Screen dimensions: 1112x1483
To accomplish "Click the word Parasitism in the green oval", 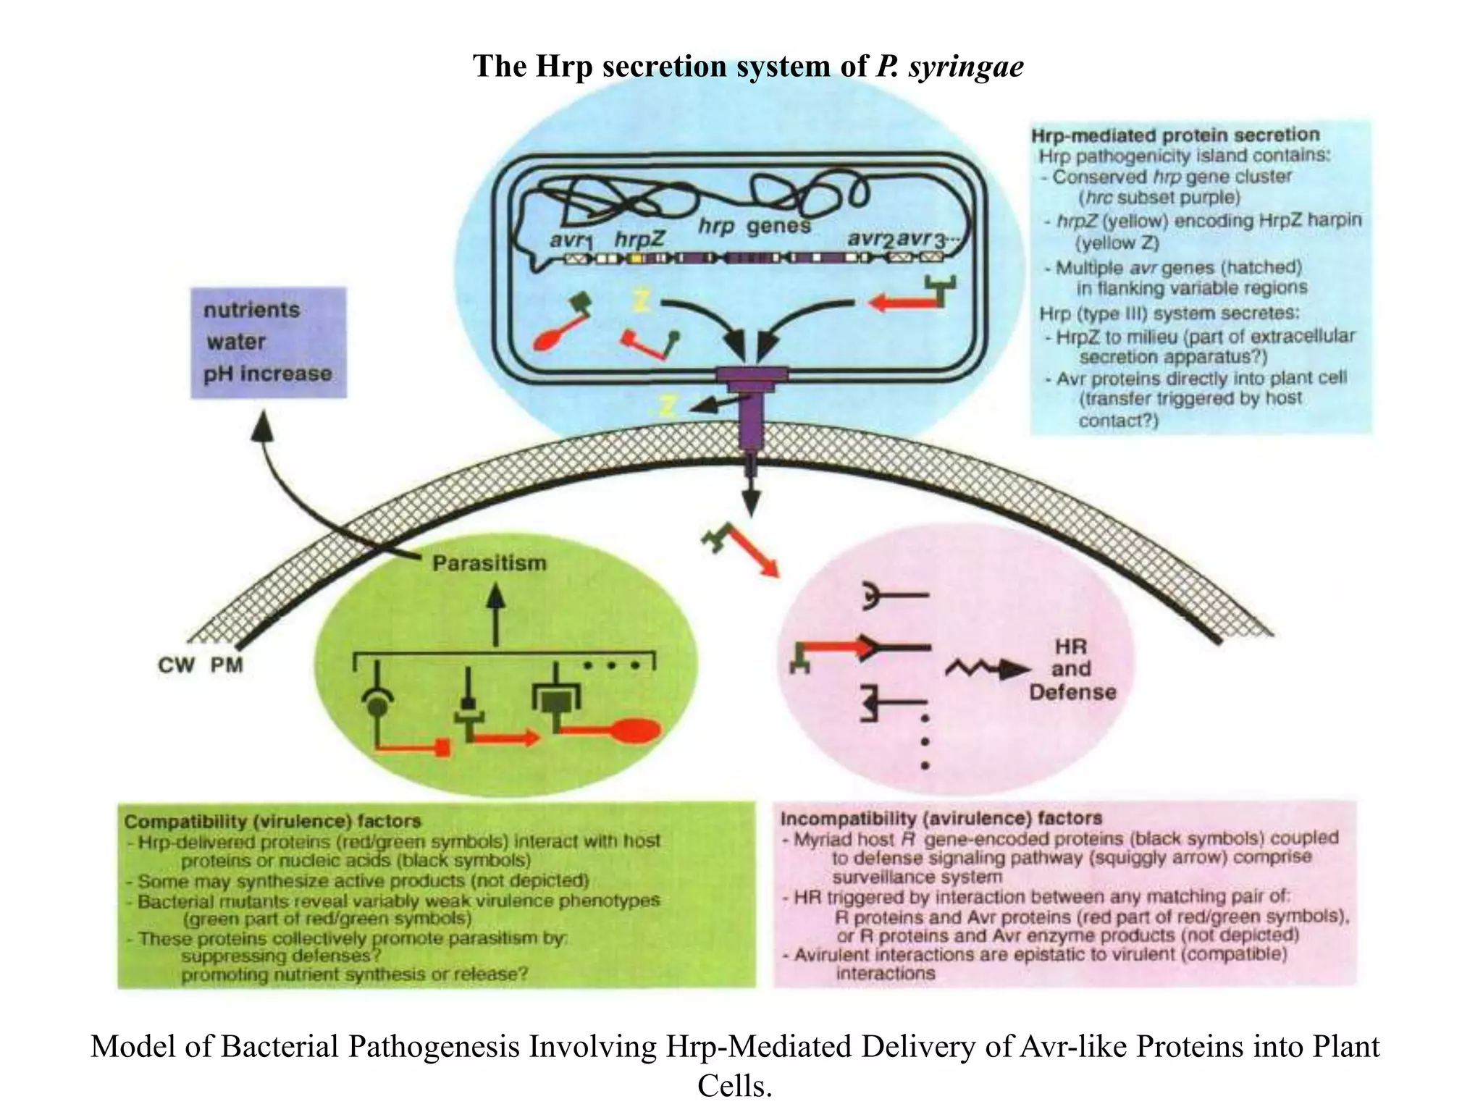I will tap(489, 563).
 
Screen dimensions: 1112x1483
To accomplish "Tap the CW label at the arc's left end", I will tap(176, 665).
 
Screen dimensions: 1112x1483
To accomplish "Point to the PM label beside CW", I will tap(227, 665).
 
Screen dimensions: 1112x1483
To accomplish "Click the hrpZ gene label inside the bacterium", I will tap(639, 239).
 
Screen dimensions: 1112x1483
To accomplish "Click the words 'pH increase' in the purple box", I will tap(267, 374).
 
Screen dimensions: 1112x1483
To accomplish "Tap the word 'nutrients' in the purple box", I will tap(251, 310).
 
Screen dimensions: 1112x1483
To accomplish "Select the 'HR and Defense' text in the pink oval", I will tap(1072, 670).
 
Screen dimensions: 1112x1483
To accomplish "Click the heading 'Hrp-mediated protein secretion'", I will tap(1175, 135).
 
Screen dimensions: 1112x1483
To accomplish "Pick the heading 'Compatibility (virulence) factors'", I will tap(272, 821).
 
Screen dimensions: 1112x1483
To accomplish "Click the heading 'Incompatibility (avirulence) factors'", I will tap(941, 818).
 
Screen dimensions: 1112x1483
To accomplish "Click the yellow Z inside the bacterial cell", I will tap(641, 300).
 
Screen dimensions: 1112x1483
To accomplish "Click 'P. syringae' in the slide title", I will tap(949, 66).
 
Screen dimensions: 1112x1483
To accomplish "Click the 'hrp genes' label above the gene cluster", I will tap(754, 227).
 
